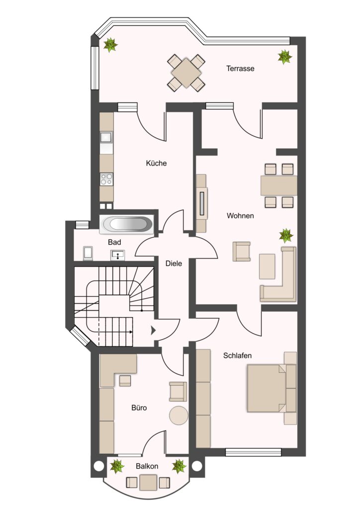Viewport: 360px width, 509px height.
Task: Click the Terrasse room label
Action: tap(240, 69)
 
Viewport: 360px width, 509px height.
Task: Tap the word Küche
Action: tap(156, 163)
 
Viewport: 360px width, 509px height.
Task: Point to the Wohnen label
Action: tap(240, 216)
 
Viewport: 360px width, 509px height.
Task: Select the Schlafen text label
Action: tap(237, 355)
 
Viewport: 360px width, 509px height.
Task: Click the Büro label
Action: tap(139, 408)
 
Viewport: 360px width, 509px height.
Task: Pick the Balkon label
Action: tap(147, 466)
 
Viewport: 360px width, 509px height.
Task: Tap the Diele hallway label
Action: tap(174, 263)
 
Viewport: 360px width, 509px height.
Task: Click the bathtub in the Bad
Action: tap(126, 224)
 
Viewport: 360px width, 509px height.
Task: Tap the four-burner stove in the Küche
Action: tap(106, 179)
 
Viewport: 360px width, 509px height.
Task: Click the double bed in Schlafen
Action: tap(271, 388)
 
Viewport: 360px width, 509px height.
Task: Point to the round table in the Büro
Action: tap(179, 415)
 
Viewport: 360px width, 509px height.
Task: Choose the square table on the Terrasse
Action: tap(186, 73)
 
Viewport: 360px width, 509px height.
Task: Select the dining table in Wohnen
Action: tap(279, 185)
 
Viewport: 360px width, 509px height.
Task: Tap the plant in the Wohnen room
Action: tap(286, 235)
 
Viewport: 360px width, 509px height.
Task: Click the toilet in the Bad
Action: tap(88, 253)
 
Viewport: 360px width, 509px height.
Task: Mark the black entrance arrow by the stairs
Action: tap(153, 331)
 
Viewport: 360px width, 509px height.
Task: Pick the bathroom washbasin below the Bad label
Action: tap(117, 255)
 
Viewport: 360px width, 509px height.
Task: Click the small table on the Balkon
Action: tap(148, 482)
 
